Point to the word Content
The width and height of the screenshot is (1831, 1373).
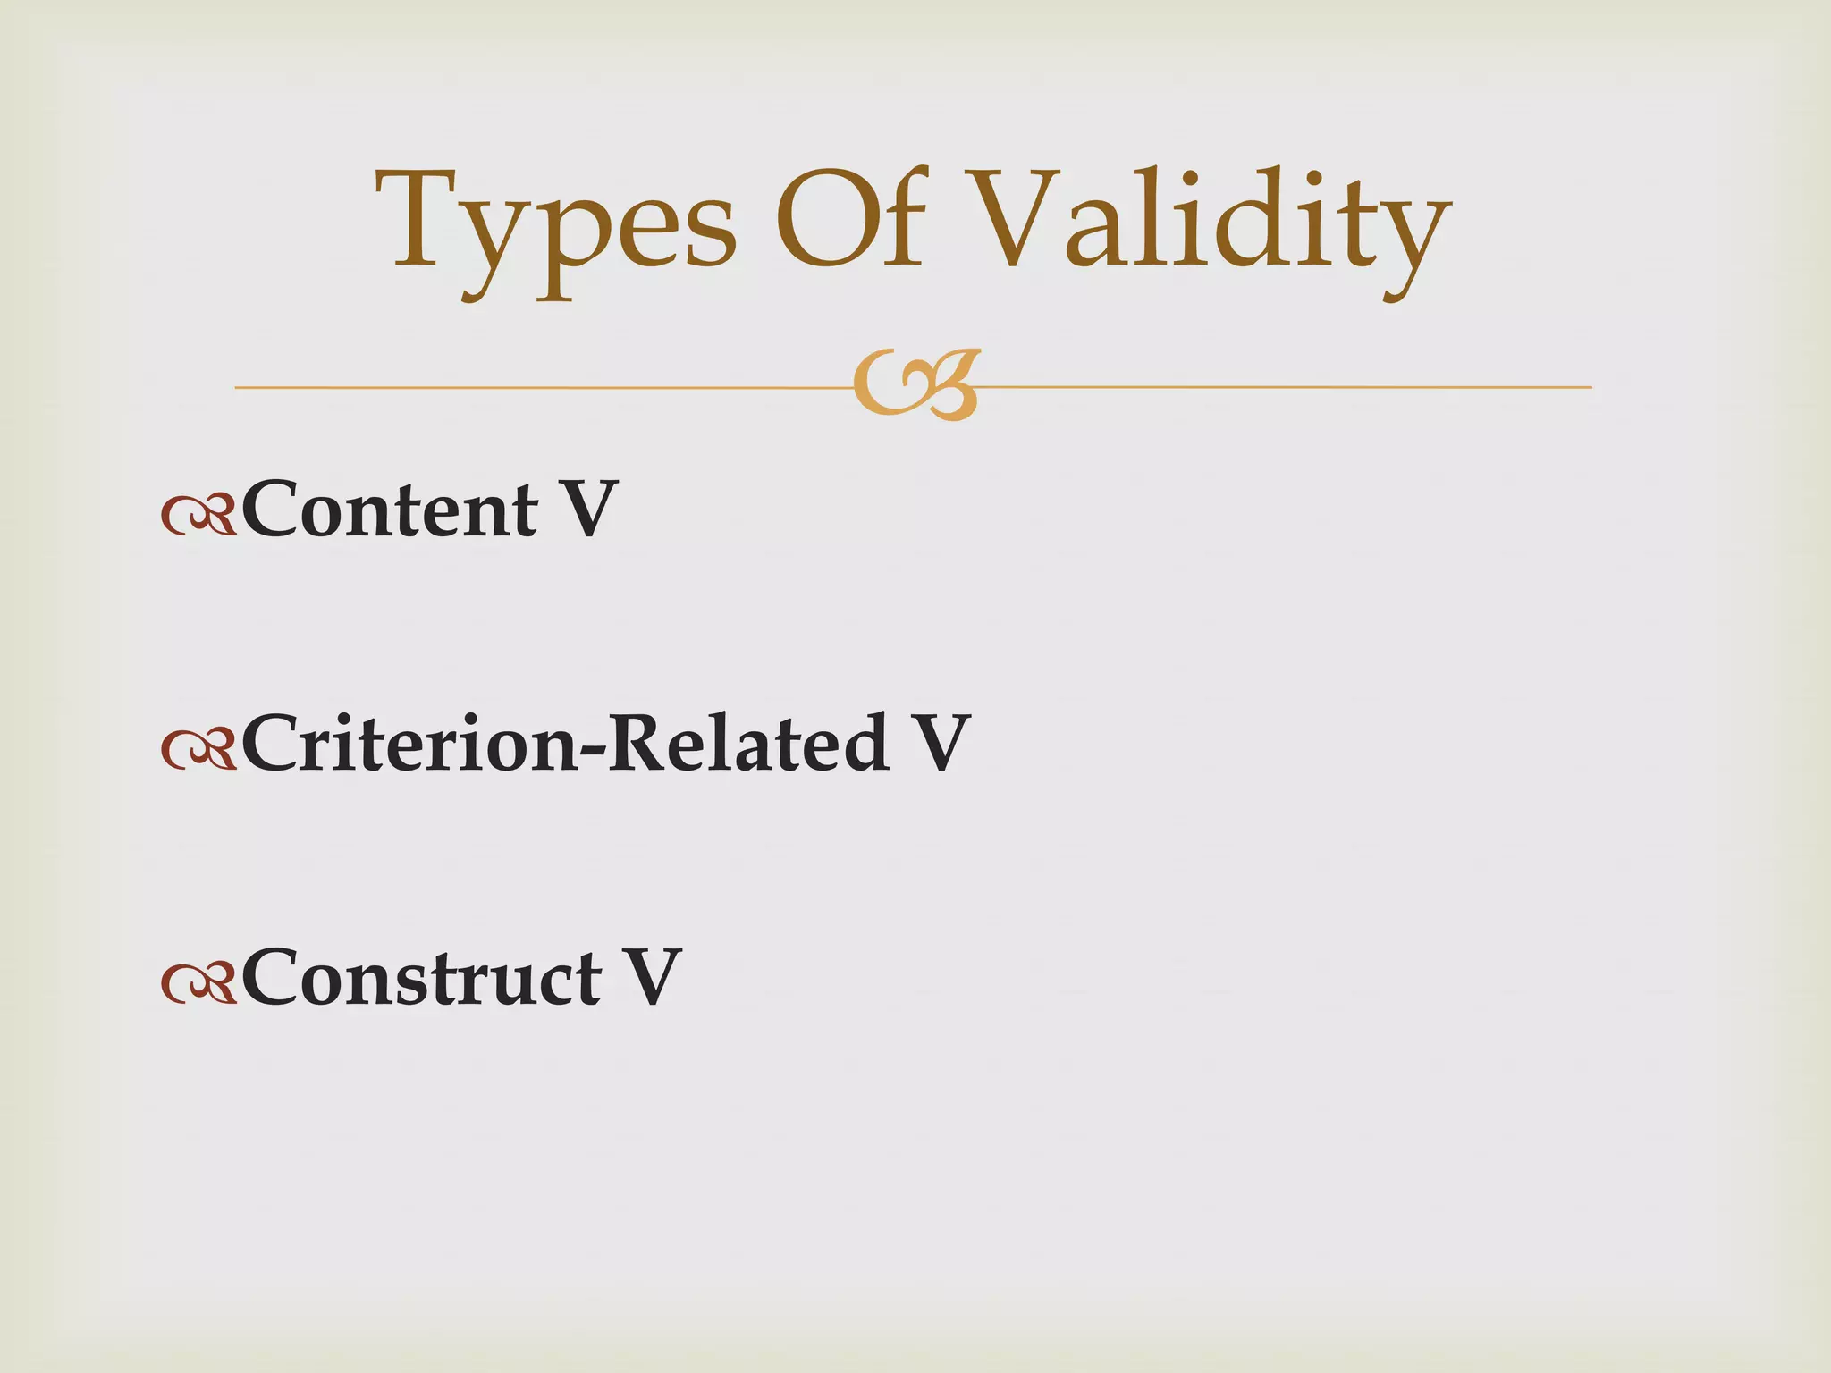[390, 510]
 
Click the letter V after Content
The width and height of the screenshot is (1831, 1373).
[586, 510]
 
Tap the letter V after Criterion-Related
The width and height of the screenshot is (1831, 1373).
[938, 743]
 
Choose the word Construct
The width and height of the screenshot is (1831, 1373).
[421, 977]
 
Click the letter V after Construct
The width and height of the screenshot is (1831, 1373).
[650, 977]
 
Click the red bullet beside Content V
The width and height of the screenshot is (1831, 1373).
[198, 516]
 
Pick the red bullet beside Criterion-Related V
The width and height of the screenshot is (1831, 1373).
[198, 749]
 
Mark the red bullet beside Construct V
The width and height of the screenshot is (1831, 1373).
[198, 983]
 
